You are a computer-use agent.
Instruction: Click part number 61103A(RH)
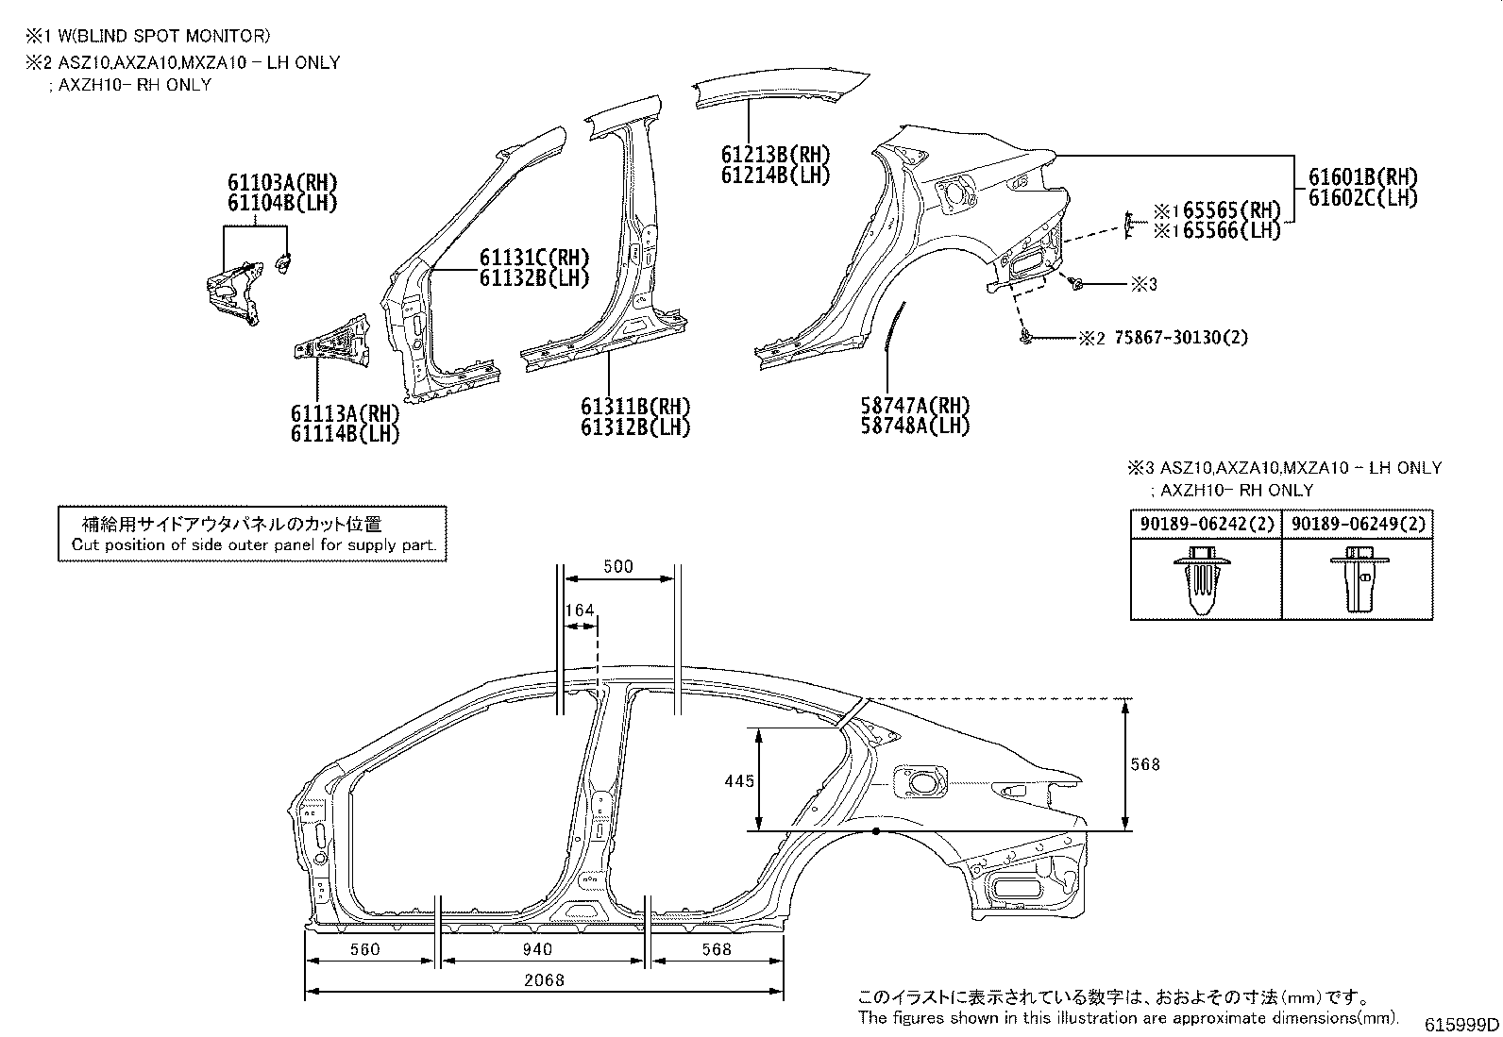coord(282,182)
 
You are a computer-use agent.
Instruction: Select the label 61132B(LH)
coord(534,277)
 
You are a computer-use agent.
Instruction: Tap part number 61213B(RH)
coord(776,154)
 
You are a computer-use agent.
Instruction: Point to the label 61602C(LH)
coord(1362,198)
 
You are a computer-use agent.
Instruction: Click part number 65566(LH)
coord(1231,230)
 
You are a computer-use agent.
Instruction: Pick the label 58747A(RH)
coord(915,405)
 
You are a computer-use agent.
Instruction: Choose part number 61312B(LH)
coord(635,427)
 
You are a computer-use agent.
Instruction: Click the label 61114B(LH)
coord(345,433)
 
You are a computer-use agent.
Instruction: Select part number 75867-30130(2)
coord(1181,338)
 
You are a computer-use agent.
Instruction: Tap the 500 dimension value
coord(618,567)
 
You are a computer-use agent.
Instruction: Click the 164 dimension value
coord(580,610)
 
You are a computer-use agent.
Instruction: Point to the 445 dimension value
coord(738,780)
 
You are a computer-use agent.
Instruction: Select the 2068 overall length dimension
coord(544,980)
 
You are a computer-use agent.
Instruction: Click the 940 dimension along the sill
coord(537,949)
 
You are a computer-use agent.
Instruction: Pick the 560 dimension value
coord(365,949)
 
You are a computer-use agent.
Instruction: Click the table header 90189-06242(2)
coord(1207,524)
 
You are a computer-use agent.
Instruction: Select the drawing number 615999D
coord(1461,1024)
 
